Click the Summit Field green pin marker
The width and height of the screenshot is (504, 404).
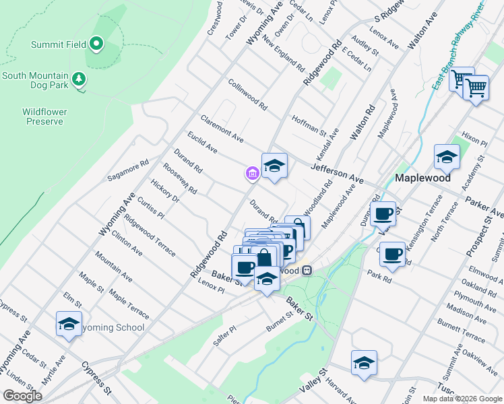pos(96,45)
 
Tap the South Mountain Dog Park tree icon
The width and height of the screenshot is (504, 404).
pos(80,79)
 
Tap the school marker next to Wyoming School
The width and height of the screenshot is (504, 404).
pos(69,324)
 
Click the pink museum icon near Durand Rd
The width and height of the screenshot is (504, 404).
pos(252,174)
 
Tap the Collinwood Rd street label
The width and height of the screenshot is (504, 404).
pos(247,96)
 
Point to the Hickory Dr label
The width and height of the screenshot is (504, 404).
pos(165,191)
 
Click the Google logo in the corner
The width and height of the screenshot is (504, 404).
pos(22,396)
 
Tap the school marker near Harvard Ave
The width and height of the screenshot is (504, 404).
pos(364,362)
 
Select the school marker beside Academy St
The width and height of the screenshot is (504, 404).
pos(447,157)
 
